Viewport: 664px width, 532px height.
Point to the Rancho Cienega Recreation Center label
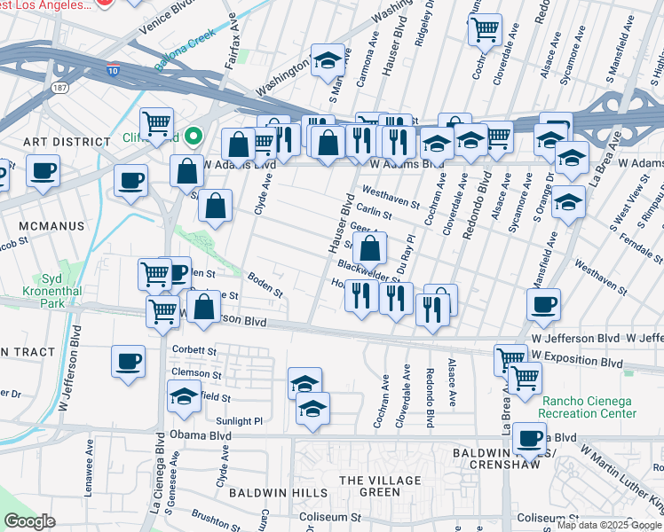coord(589,407)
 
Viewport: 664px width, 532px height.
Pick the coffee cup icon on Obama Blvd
coord(531,437)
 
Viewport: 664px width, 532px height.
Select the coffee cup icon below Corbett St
coord(129,362)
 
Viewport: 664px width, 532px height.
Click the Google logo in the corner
coord(30,521)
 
